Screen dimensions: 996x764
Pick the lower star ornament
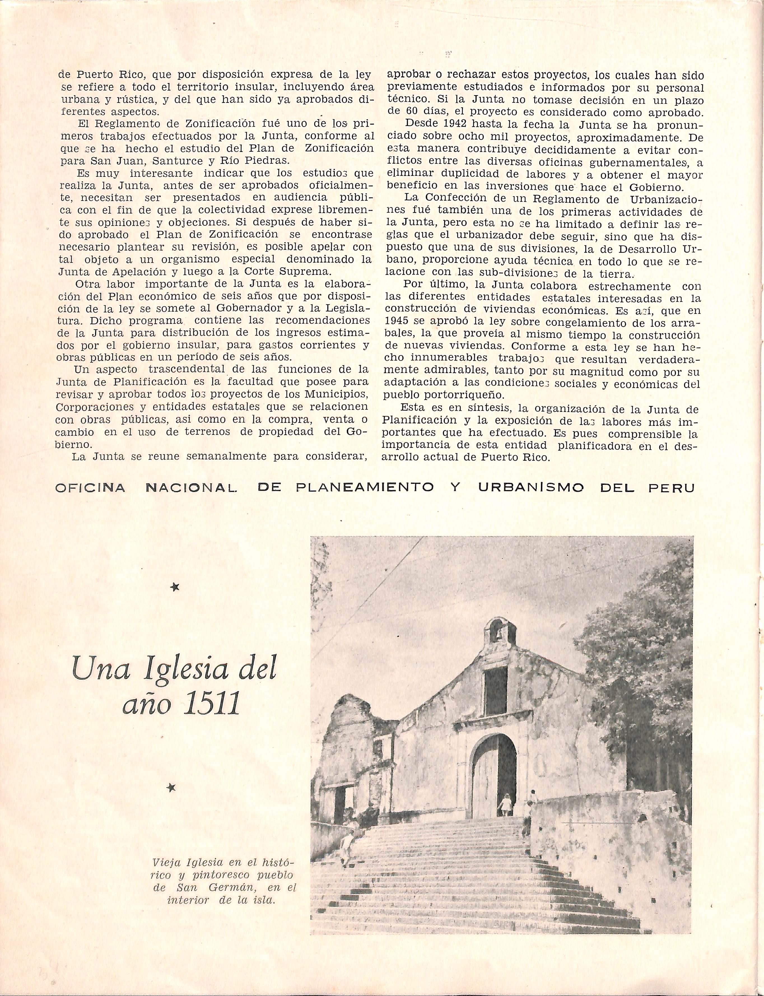tap(171, 787)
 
